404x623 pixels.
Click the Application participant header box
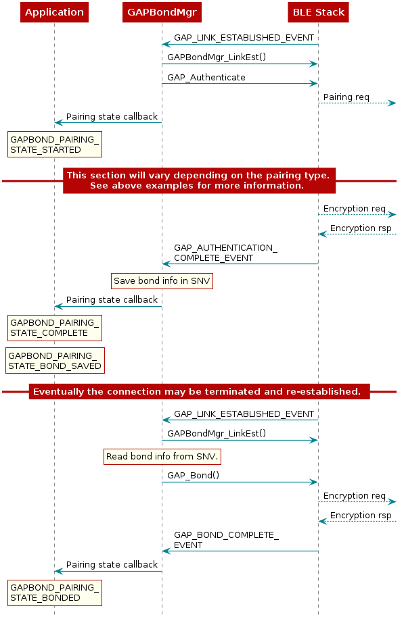(x=54, y=12)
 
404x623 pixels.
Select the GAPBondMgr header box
(x=161, y=12)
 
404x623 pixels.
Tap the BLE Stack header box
(x=318, y=12)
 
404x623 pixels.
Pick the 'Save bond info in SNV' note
(x=162, y=280)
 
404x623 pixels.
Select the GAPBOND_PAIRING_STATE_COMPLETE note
(x=54, y=328)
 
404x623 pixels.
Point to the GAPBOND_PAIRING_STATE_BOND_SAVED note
(x=54, y=361)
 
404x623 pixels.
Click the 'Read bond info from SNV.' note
(x=162, y=457)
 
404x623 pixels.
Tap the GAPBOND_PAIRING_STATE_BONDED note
(x=54, y=593)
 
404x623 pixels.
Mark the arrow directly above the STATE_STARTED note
(x=108, y=122)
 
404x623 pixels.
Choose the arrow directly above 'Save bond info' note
(x=240, y=264)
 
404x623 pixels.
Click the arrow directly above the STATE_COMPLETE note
(x=108, y=307)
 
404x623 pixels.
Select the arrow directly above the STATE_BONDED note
(x=108, y=571)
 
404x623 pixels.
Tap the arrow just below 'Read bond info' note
(x=240, y=482)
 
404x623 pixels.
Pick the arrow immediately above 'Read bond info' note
(x=240, y=440)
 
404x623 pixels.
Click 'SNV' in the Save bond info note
(x=200, y=280)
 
